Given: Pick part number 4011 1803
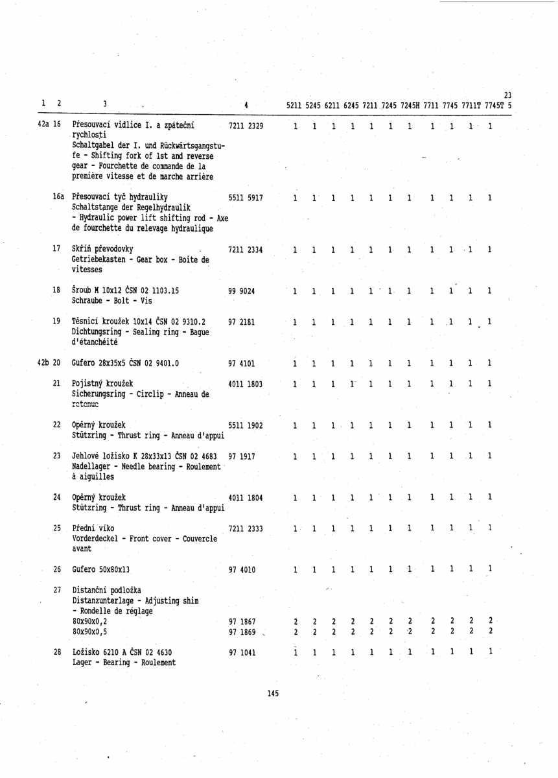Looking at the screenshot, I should [246, 384].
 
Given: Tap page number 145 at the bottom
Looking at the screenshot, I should [272, 694].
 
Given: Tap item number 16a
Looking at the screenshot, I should [58, 197].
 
